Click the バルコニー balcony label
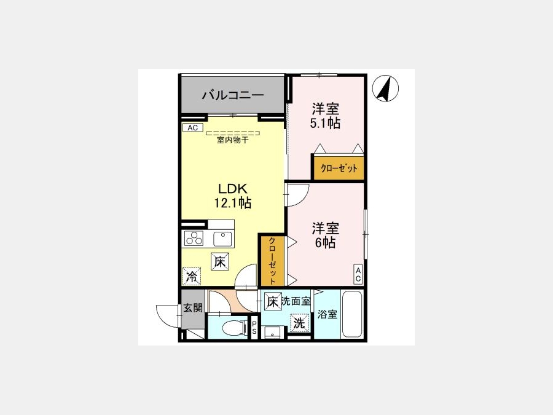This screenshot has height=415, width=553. (233, 95)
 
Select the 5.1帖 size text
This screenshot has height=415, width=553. (325, 123)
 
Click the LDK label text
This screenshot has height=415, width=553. (232, 189)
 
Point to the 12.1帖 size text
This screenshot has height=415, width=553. (233, 203)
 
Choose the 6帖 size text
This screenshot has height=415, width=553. (325, 243)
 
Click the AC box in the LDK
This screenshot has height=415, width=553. (192, 128)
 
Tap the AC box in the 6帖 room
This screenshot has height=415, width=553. (358, 275)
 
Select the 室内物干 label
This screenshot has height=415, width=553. (233, 140)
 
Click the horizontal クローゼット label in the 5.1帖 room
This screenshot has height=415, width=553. (339, 168)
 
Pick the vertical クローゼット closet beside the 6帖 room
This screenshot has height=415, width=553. (272, 261)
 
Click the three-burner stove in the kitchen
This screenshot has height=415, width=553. (194, 238)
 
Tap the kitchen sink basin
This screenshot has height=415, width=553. (222, 239)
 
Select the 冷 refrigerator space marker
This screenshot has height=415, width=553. (192, 276)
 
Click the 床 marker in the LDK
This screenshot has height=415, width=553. (220, 262)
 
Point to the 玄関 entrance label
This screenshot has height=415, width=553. (193, 308)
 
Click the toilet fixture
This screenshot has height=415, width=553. (234, 328)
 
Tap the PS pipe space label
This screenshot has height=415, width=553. (254, 328)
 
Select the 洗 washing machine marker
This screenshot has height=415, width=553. (299, 323)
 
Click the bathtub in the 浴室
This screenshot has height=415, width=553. (352, 314)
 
